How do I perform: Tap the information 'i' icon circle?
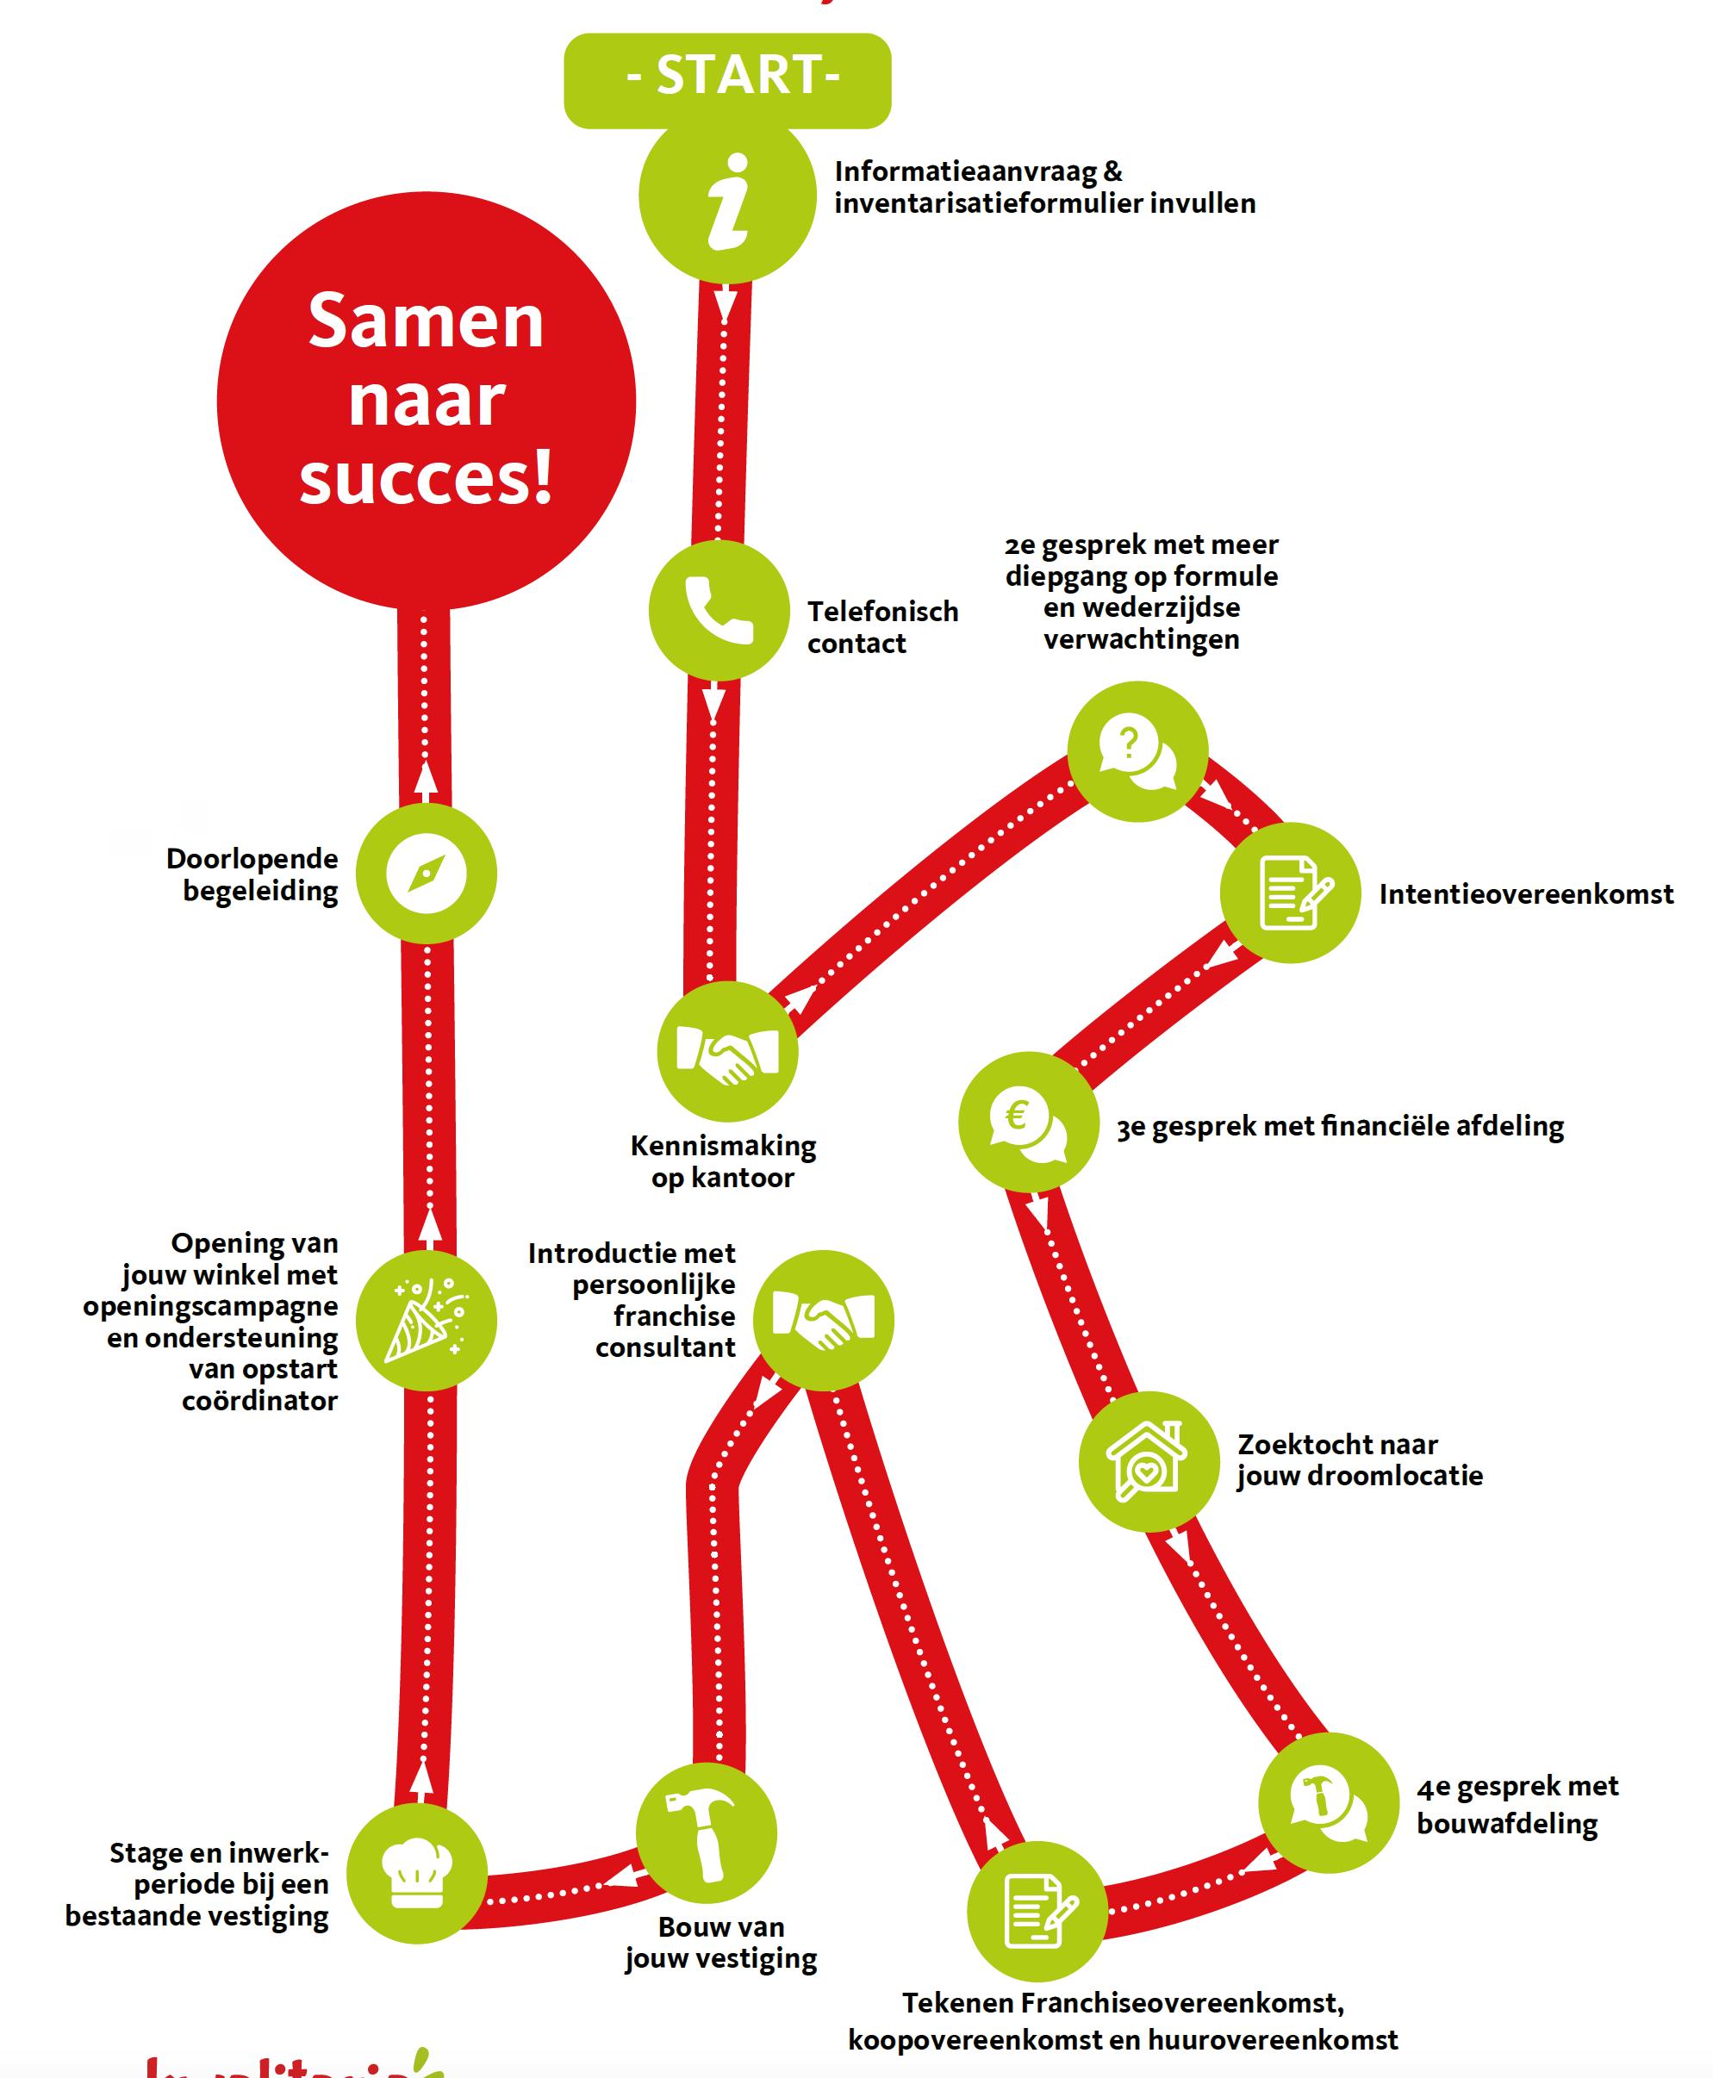(727, 197)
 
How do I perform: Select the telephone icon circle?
(719, 611)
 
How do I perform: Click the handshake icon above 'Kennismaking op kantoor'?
(727, 1052)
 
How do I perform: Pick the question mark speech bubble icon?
(1137, 751)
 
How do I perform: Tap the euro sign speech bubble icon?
(1028, 1122)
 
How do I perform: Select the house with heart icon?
(1148, 1461)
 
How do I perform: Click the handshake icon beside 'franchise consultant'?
(823, 1320)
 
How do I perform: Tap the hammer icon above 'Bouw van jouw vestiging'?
(706, 1833)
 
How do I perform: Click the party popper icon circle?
(427, 1322)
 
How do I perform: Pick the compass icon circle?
(427, 874)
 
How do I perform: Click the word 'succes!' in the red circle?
(427, 477)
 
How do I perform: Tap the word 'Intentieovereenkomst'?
(1525, 895)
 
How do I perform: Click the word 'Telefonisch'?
(883, 613)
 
